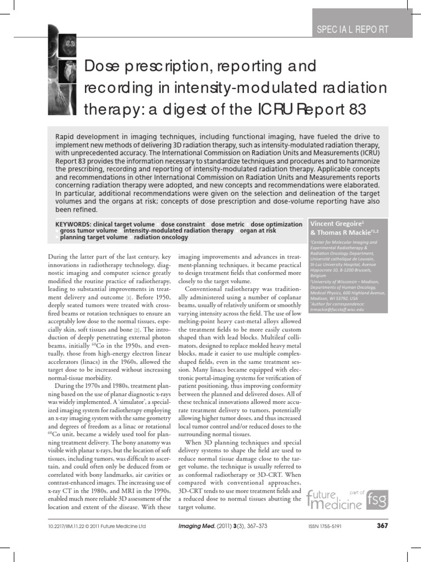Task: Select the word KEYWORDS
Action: point(73,224)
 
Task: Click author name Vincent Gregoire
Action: point(333,224)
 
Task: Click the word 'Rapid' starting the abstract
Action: point(66,136)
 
